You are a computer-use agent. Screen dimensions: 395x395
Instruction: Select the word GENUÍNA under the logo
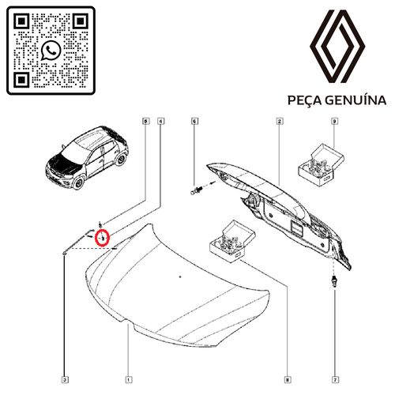356,100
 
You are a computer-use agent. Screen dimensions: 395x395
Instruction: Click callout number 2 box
280,122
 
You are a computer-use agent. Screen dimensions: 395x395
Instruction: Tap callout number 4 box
161,122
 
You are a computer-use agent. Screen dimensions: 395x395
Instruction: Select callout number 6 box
195,122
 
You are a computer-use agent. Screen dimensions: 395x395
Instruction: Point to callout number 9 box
335,122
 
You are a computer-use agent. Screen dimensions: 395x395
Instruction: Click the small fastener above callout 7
335,283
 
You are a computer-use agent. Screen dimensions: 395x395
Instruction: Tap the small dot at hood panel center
179,276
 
